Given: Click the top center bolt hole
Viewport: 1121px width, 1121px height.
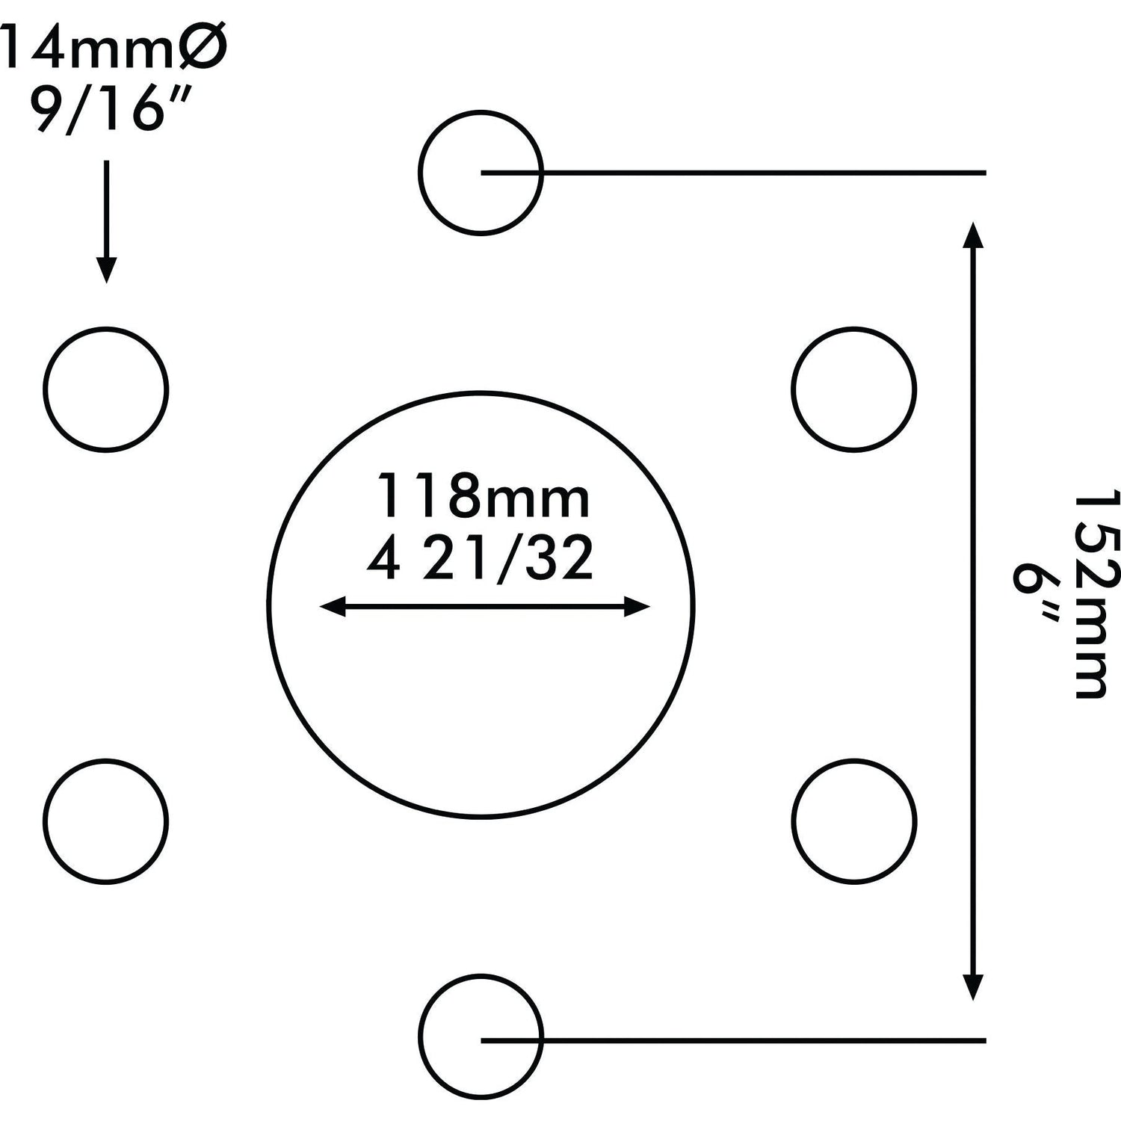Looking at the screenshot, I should [481, 173].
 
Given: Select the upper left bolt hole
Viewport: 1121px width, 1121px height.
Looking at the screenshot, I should [105, 389].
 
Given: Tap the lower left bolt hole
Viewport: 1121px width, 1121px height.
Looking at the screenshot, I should [105, 821].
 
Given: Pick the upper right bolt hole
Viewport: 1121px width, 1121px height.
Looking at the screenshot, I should [853, 389].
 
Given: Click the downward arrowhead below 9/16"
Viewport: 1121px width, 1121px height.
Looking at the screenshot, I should [106, 269].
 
